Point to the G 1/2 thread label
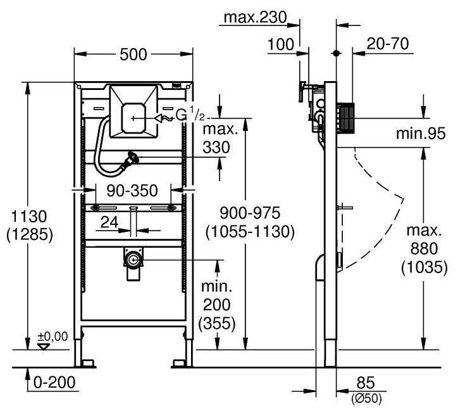189,115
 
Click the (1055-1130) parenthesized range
249,232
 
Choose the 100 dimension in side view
280,45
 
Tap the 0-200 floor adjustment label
57,383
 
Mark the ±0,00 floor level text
53,336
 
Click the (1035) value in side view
419,268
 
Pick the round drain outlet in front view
133,259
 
